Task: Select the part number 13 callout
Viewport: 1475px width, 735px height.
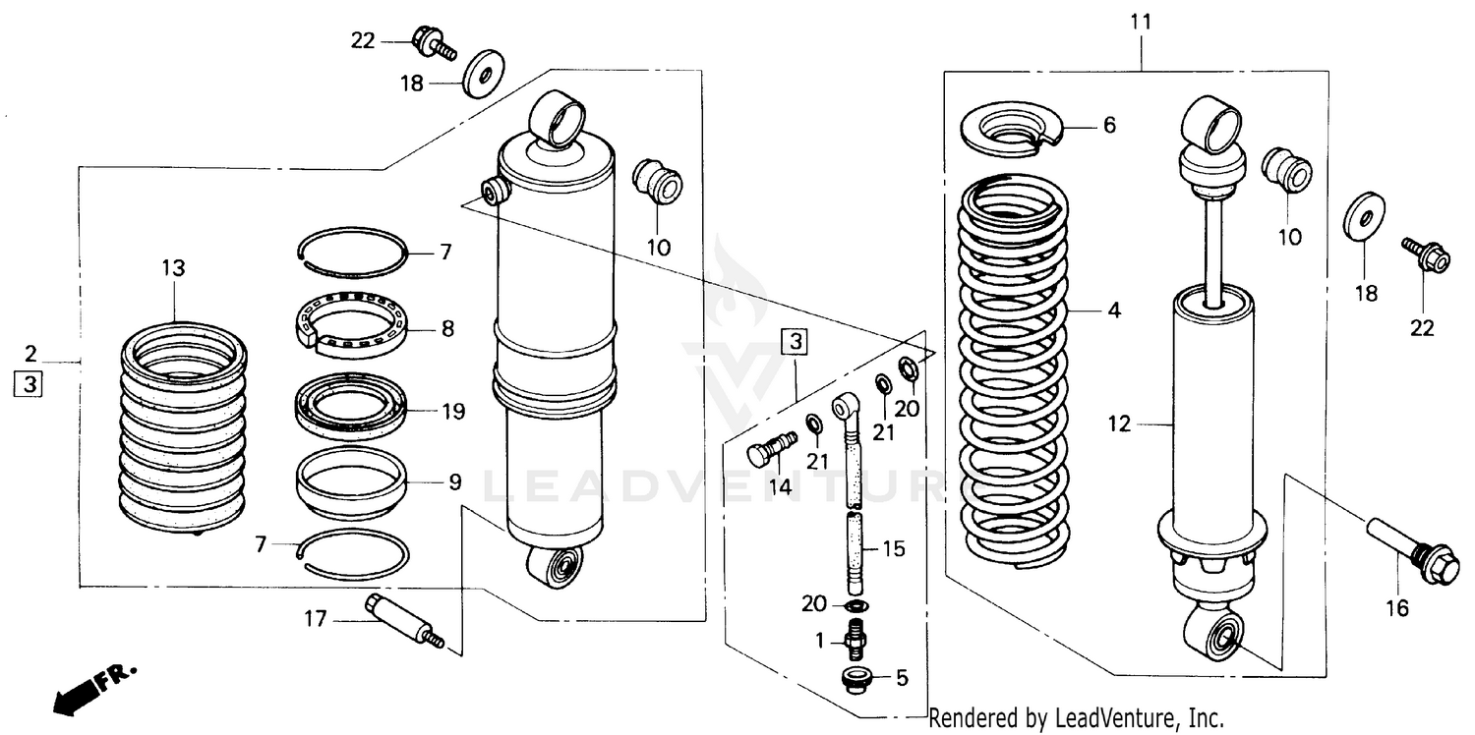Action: click(173, 268)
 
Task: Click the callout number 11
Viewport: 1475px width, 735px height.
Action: click(1142, 21)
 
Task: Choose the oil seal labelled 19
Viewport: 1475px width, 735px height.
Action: click(350, 403)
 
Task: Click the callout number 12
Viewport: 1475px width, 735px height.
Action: click(1120, 424)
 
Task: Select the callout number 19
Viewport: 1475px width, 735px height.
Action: click(452, 411)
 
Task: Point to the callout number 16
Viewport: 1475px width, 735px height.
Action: click(1396, 608)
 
